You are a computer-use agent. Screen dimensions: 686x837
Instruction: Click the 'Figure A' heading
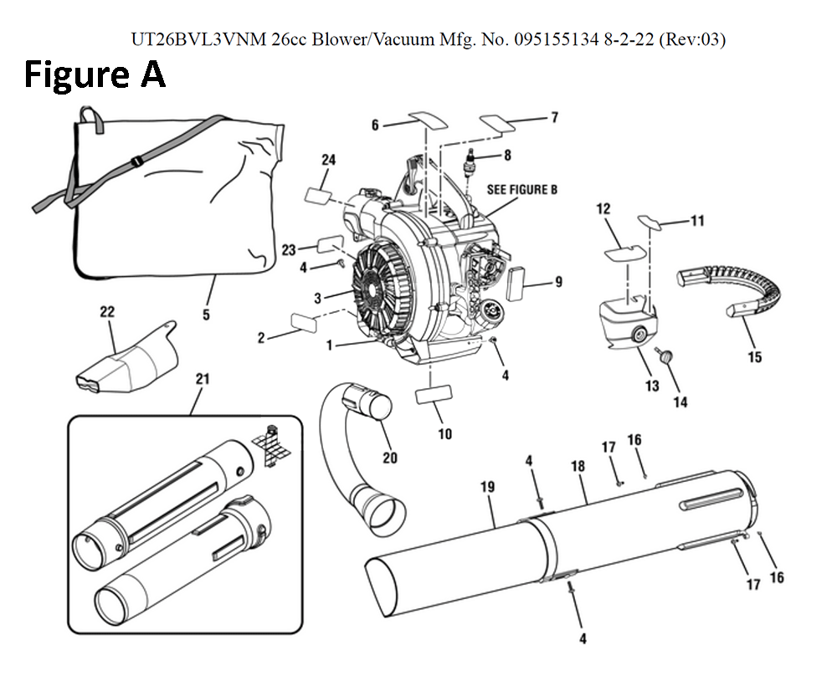[95, 74]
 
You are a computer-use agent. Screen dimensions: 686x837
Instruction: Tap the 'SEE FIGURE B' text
[522, 190]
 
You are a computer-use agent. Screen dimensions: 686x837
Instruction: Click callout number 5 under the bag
[206, 315]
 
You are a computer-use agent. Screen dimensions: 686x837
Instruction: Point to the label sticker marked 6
[428, 118]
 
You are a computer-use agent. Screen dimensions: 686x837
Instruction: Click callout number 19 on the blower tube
[488, 486]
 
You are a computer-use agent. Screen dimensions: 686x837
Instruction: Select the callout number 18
[578, 467]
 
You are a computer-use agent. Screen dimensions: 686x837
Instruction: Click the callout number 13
[652, 386]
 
